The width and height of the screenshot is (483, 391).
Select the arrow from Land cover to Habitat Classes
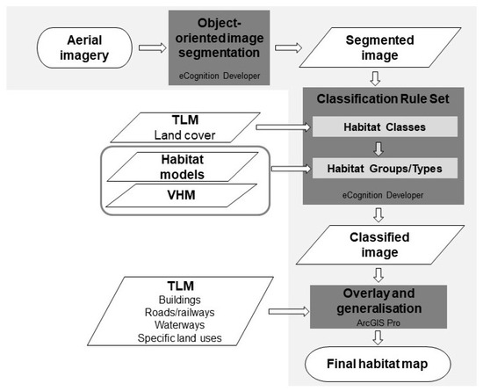point(282,128)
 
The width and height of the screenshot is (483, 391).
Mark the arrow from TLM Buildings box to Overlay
point(286,308)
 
